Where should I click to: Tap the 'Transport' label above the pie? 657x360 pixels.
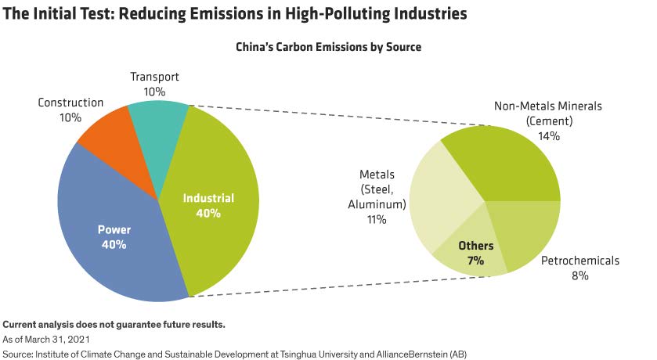point(154,77)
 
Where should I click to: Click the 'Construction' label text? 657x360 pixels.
point(70,103)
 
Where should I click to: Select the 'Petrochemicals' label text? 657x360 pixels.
point(580,261)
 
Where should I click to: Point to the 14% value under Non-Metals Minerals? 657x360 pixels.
point(548,136)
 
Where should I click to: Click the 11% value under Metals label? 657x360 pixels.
point(377,220)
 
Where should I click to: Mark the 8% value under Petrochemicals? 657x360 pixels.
point(579,275)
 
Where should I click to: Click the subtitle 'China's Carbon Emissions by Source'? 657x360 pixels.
point(328,47)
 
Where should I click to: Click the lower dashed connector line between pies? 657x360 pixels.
point(313,286)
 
